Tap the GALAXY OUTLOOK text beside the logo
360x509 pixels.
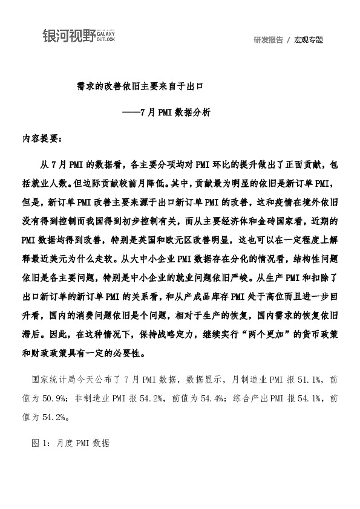(105, 37)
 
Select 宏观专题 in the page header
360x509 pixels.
(309, 40)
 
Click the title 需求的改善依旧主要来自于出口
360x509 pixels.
(139, 87)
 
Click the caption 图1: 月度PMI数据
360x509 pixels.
(70, 443)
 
